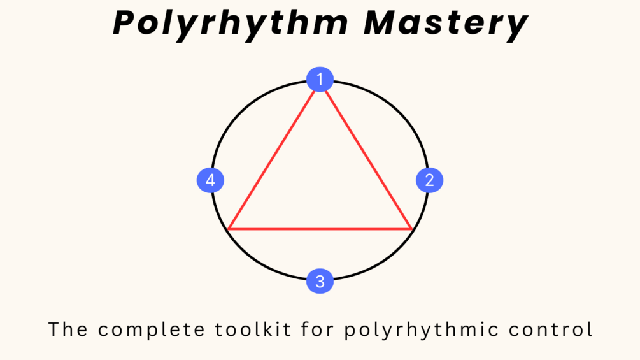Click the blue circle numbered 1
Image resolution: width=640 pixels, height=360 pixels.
point(320,80)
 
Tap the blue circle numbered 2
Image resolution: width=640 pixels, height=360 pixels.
point(429,180)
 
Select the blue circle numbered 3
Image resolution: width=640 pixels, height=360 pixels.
point(320,281)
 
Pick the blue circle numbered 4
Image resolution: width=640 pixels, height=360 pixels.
point(210,180)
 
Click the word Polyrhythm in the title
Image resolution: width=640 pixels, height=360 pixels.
point(230,23)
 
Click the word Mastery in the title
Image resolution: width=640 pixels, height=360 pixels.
point(445,23)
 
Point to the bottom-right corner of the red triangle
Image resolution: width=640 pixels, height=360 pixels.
point(412,228)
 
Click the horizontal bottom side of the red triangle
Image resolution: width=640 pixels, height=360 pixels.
point(320,228)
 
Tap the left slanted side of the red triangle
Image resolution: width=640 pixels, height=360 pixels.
point(273,156)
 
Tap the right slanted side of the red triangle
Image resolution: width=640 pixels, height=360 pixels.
point(367,156)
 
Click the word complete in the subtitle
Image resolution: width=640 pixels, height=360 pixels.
point(150,330)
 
